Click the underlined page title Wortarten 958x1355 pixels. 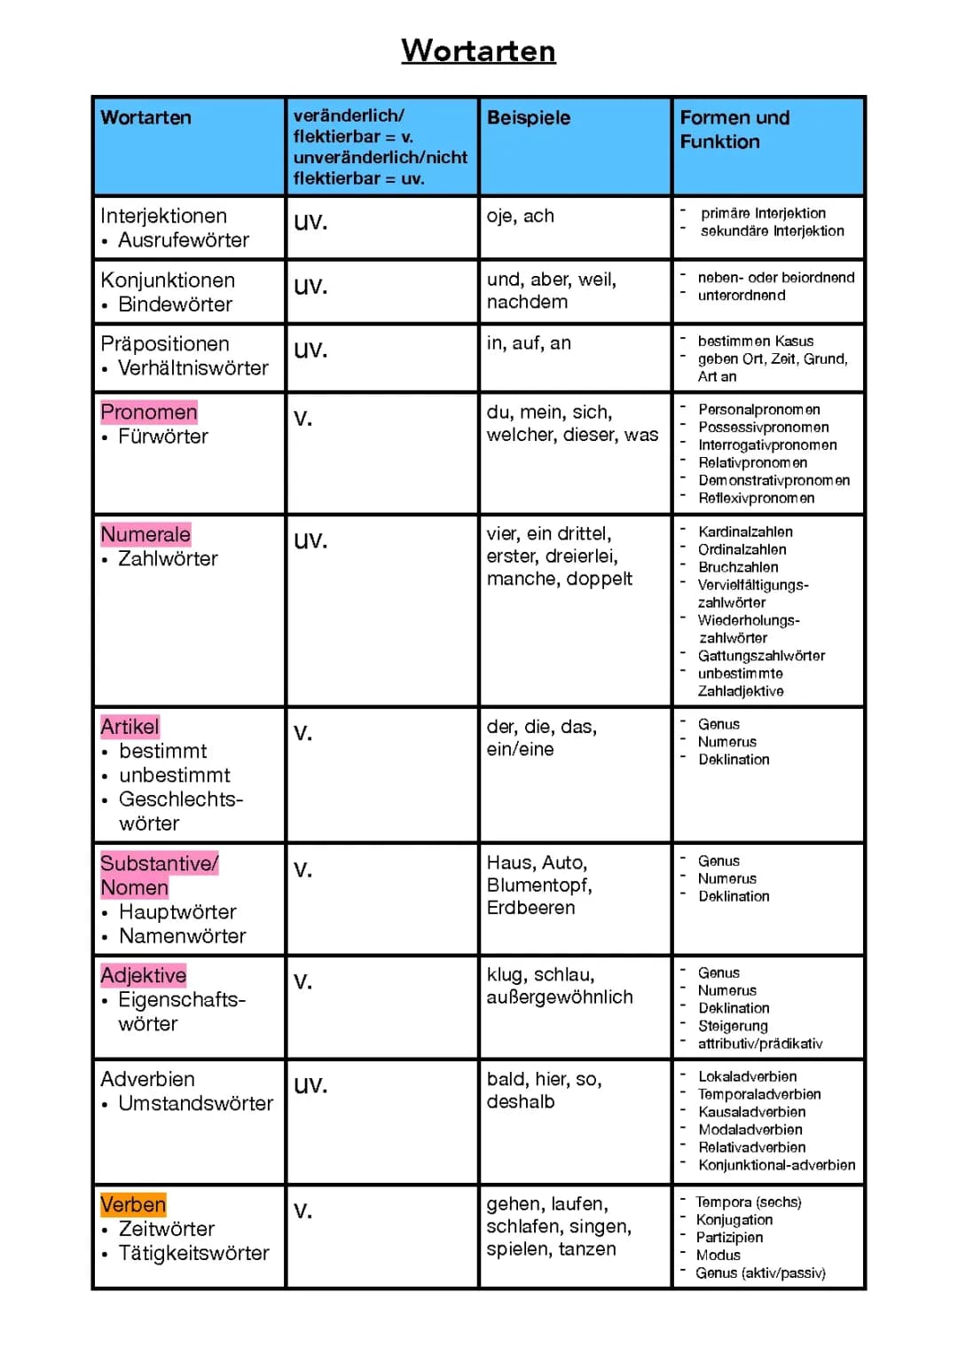(478, 51)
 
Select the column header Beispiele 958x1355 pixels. (529, 118)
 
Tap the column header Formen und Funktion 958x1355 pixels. (734, 130)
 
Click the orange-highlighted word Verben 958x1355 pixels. (133, 1204)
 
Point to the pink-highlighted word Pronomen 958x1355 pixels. (148, 412)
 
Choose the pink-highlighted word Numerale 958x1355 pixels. (145, 534)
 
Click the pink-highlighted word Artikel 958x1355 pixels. (130, 727)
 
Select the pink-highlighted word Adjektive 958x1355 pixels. (143, 975)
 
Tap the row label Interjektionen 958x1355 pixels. (163, 216)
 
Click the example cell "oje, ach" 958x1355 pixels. (520, 216)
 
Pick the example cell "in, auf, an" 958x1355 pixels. (529, 343)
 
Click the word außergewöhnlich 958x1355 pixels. (560, 997)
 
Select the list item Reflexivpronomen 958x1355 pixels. (756, 498)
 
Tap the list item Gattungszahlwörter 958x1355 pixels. (761, 656)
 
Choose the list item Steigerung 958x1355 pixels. (733, 1026)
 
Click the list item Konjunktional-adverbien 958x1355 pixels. (776, 1165)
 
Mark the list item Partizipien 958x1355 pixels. (729, 1237)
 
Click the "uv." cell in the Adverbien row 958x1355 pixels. (310, 1084)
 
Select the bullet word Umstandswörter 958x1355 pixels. (195, 1103)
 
